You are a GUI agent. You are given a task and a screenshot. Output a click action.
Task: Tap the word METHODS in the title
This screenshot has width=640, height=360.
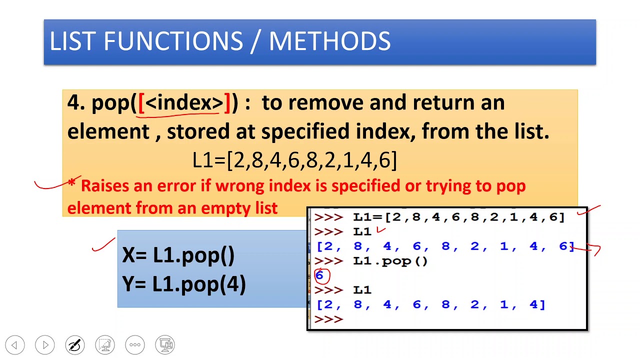[329, 41]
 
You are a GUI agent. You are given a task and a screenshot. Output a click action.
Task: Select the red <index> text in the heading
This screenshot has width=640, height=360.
[184, 103]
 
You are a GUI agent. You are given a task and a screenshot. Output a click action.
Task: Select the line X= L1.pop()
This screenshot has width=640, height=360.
[178, 255]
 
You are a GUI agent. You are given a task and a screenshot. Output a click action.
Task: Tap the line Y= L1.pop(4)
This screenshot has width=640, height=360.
[184, 284]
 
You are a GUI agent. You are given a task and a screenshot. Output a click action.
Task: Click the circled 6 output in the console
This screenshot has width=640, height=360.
[320, 275]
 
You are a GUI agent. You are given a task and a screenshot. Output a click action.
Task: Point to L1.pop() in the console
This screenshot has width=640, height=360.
[390, 260]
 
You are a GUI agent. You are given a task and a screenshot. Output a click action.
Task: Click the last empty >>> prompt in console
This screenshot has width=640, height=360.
[328, 319]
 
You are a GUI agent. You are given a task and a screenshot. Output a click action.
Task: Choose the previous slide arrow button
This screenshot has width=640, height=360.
[15, 345]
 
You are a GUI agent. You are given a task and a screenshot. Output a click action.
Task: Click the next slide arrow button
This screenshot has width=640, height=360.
[45, 345]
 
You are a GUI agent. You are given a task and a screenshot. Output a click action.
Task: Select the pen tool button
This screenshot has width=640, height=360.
[75, 345]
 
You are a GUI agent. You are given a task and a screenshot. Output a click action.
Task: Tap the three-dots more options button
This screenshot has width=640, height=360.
[135, 345]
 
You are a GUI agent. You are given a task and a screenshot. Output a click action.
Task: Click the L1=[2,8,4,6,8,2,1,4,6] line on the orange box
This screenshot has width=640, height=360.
[295, 160]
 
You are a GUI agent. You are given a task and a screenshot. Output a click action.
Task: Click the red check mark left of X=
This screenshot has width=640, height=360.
[104, 244]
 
